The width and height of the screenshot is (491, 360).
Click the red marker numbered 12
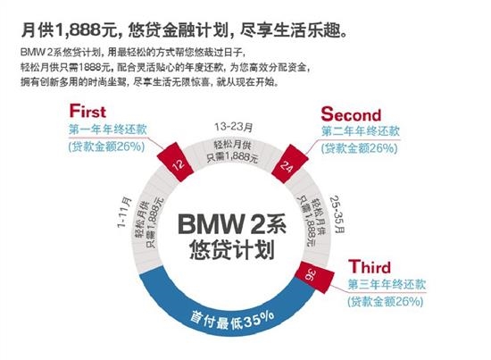tap(175, 162)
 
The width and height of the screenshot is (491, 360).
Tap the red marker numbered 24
tap(289, 163)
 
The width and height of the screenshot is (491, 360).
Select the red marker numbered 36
tap(315, 277)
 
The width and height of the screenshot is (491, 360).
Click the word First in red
tap(87, 112)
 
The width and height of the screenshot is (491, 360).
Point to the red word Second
tap(351, 114)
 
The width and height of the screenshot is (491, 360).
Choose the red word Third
tap(370, 267)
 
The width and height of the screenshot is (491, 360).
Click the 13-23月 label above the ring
tap(234, 127)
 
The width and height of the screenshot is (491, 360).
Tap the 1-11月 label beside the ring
tap(124, 213)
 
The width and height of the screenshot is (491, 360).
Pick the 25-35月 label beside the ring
tap(337, 214)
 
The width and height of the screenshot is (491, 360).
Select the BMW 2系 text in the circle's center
tap(232, 224)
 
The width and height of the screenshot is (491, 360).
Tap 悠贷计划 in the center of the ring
tap(232, 250)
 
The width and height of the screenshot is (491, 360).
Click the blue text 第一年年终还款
tap(108, 130)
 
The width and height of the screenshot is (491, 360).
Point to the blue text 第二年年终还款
tap(361, 131)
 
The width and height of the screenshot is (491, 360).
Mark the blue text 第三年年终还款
tap(387, 284)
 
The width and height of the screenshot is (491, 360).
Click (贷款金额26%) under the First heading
tap(106, 147)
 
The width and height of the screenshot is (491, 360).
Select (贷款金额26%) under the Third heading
tap(386, 301)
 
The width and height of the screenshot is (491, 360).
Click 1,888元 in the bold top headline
tap(87, 30)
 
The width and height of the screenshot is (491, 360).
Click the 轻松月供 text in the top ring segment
tap(232, 146)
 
